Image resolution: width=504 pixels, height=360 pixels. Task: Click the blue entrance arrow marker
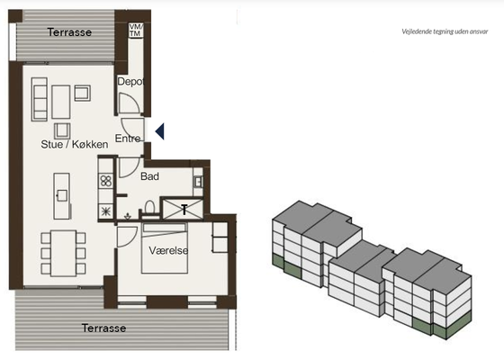coord(160,131)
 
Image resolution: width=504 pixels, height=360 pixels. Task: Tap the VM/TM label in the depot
coord(136,31)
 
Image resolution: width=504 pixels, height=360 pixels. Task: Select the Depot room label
coord(130,82)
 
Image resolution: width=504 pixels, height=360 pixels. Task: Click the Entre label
coord(128,139)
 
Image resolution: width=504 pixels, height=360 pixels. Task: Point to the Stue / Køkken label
coord(75,144)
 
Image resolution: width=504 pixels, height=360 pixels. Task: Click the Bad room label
coord(149,176)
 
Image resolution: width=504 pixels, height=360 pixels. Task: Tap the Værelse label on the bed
coord(168,250)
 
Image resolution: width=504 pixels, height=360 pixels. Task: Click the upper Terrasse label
coord(69,32)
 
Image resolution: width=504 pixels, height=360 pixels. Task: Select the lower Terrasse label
coord(103,328)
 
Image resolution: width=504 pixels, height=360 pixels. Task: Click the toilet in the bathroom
coord(149,207)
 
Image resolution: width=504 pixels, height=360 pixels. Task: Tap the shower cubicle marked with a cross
coord(183,209)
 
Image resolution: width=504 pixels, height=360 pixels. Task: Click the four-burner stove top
coord(106,181)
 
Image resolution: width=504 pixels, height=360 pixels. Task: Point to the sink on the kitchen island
coord(62,195)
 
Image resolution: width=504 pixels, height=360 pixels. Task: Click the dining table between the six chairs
coord(64,253)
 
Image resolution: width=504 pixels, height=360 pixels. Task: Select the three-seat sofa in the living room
coord(40,99)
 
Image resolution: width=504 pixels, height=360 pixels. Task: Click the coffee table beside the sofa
coord(61,102)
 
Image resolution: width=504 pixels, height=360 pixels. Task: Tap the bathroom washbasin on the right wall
coord(198,182)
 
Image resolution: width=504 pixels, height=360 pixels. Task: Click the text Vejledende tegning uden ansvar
coord(445,31)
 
